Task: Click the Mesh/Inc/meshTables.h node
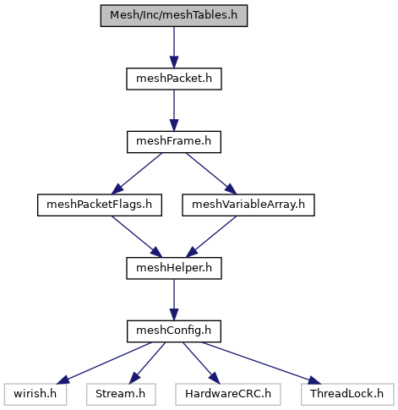point(174,16)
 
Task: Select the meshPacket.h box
point(174,79)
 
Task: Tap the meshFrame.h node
point(174,142)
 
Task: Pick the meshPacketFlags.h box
point(100,205)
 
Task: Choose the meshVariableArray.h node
point(248,205)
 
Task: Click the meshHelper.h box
point(174,268)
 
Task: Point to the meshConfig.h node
point(174,331)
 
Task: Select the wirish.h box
point(35,395)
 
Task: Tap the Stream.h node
point(121,395)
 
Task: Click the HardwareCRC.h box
point(228,395)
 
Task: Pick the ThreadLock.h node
point(347,395)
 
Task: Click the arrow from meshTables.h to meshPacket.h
point(174,47)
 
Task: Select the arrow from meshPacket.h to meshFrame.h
point(174,111)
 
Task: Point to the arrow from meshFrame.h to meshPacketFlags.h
point(137,174)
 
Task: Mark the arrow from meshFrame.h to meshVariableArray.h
point(211,174)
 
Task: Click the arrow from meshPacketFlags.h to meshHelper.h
point(137,237)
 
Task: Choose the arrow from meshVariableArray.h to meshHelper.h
point(211,237)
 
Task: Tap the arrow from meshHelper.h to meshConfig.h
point(174,300)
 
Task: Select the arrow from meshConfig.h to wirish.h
point(104,364)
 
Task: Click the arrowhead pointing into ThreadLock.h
point(314,380)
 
